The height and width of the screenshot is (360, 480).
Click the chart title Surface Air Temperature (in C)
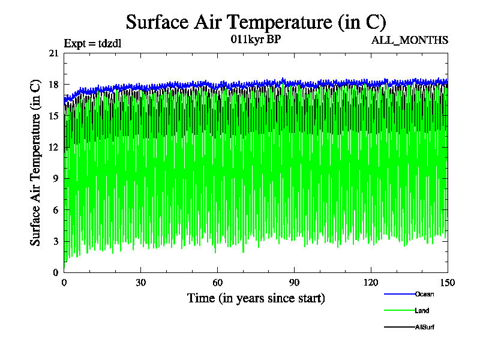(x=256, y=22)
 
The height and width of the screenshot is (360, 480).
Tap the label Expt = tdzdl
(x=92, y=43)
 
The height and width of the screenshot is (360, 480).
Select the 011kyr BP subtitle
(x=255, y=40)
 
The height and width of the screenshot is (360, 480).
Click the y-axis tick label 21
(x=54, y=53)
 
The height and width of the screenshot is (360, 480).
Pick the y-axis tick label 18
(x=54, y=85)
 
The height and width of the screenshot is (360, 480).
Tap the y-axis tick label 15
(x=54, y=116)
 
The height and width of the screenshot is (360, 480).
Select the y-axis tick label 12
(x=54, y=147)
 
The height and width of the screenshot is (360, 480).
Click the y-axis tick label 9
(x=56, y=178)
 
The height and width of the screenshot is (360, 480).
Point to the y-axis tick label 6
(x=56, y=209)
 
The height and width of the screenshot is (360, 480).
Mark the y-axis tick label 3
(x=56, y=241)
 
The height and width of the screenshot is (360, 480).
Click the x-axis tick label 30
(x=141, y=283)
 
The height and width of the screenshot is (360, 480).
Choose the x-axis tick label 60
(x=218, y=283)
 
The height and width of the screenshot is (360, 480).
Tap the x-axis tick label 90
(x=295, y=283)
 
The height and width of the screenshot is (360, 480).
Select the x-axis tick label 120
(x=371, y=283)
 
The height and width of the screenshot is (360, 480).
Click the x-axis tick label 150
(x=448, y=283)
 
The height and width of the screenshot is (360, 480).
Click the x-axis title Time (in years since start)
(x=256, y=298)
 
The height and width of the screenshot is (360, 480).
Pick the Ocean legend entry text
(x=424, y=294)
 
